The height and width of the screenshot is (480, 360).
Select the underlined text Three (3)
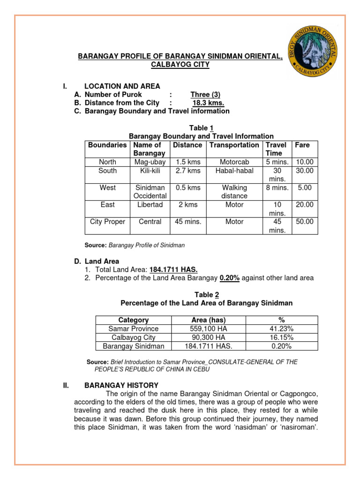[206, 94]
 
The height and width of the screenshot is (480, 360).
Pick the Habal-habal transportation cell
[234, 171]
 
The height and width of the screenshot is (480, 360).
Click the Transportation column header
[234, 145]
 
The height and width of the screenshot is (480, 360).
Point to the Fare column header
[302, 145]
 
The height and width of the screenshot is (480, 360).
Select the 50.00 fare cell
[305, 222]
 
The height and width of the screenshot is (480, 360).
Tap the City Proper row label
[107, 222]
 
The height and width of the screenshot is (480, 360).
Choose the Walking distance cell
[234, 192]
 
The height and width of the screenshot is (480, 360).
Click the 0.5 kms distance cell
[187, 187]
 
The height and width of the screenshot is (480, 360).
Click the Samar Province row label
[134, 329]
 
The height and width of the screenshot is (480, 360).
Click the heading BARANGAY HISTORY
[121, 385]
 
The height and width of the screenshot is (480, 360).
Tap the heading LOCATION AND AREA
[122, 86]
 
